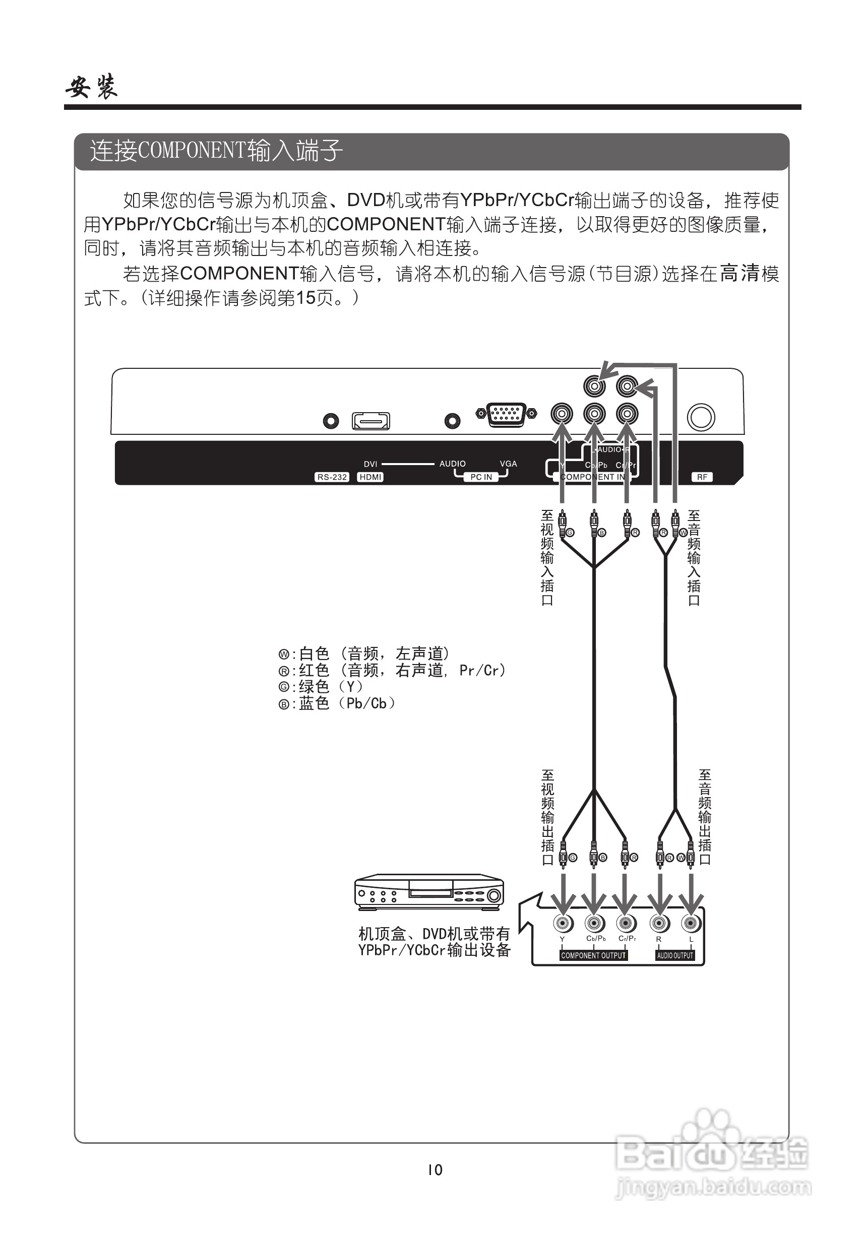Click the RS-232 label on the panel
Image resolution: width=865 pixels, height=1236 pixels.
tap(332, 477)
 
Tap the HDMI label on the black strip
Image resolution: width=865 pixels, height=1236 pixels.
tap(370, 477)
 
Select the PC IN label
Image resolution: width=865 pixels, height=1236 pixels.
tap(481, 477)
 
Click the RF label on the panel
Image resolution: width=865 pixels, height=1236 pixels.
tap(702, 477)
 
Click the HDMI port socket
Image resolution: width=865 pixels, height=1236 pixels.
tap(370, 420)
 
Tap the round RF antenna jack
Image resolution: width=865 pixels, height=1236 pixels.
tap(701, 417)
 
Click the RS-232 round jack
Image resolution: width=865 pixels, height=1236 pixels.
tap(331, 420)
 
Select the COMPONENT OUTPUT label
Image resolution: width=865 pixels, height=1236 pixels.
tap(593, 955)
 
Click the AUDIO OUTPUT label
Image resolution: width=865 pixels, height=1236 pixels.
tap(675, 955)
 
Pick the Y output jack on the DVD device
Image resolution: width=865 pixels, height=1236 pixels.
tap(563, 923)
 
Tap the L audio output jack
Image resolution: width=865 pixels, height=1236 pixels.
tap(691, 923)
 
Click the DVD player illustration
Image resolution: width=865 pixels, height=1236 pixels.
tap(429, 892)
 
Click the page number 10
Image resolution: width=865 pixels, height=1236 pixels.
tap(435, 1169)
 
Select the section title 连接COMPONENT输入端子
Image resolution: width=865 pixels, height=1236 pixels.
tap(215, 151)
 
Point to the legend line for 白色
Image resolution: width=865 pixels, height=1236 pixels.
tap(364, 654)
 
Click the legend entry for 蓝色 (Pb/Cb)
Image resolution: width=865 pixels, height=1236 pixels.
tap(338, 703)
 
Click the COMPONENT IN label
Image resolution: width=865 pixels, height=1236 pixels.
tap(592, 477)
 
